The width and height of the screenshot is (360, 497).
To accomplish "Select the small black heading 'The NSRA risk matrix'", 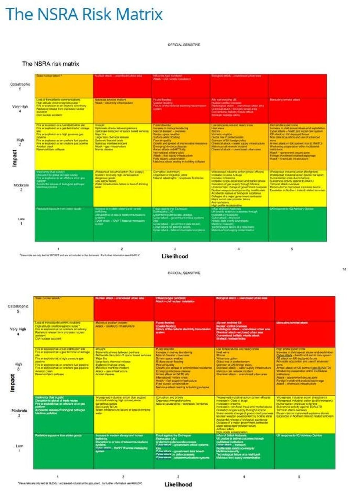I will pos(51,64).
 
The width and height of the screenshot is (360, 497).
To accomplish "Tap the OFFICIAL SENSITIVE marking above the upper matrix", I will pos(184,44).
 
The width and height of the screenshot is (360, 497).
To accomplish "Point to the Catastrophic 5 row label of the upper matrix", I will pos(20,86).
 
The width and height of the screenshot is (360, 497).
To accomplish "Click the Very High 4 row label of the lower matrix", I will pos(18,331).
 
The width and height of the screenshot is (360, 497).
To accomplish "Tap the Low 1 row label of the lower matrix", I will pos(19,448).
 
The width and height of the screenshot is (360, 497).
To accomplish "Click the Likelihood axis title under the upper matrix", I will pos(175,256).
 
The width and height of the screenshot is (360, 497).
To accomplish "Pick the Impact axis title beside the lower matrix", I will pos(12,383).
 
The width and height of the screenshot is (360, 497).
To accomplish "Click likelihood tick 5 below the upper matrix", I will pos(292,249).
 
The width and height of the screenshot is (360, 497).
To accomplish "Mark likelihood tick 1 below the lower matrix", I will pos(58,477).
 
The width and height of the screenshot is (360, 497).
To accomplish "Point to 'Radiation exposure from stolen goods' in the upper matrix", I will pos(59,208).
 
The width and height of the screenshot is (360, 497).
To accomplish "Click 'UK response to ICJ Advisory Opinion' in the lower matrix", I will pos(299,435).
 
